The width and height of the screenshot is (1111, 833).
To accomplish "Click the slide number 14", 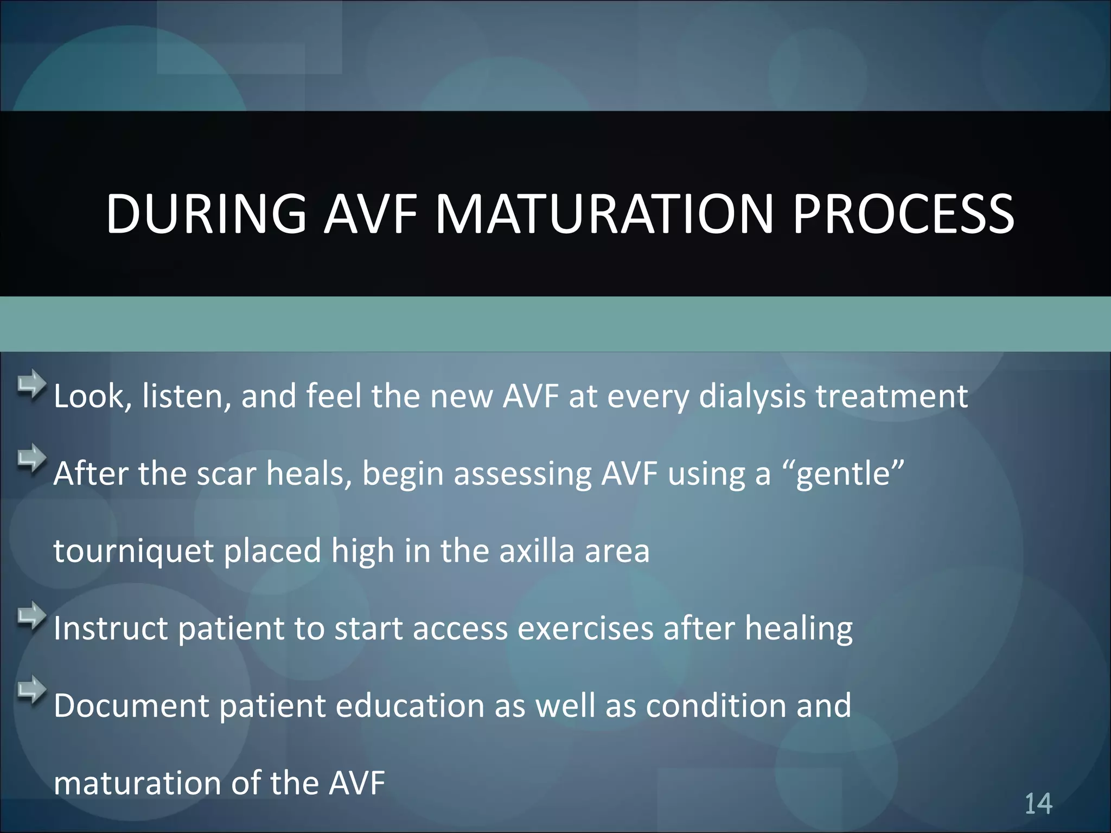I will coord(1038,804).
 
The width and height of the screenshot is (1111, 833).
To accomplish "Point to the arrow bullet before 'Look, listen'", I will coord(31,383).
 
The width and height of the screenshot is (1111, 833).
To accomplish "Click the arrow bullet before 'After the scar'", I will coord(31,458).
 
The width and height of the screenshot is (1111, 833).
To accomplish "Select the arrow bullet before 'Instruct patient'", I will coord(31,616).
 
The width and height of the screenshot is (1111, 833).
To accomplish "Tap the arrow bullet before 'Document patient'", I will coord(31,690).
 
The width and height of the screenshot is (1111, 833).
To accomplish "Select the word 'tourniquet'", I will coord(133,552).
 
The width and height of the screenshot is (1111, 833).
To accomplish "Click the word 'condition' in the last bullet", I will coord(716,706).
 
